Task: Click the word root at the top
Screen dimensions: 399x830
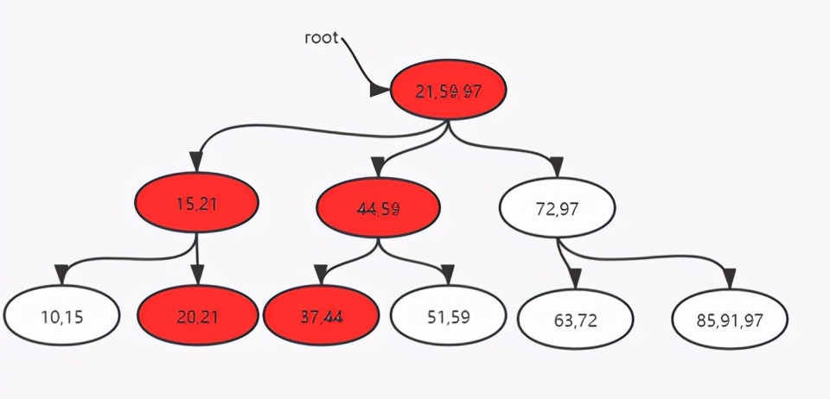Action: pos(322,38)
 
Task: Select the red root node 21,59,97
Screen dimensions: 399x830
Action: pos(448,91)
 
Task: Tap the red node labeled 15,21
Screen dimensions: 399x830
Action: pos(196,205)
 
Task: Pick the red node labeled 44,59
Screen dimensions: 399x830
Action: pos(378,208)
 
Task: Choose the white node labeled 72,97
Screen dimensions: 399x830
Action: pos(557,208)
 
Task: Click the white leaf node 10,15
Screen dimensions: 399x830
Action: pos(61,315)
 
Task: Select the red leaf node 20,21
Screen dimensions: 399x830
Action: pos(197,316)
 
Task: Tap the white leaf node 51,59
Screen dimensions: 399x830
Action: pos(448,316)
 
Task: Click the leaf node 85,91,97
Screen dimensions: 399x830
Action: pos(730,319)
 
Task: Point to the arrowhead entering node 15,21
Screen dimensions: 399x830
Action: pos(196,161)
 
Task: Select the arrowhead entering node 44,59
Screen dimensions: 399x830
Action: pos(378,166)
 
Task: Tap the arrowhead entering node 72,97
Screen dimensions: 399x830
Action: pos(557,165)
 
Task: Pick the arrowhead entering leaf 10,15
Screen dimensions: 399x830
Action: pos(61,274)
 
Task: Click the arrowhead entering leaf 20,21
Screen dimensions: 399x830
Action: pos(197,275)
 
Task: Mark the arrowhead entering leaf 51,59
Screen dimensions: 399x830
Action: pos(448,275)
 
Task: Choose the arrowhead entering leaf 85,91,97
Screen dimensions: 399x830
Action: pos(730,277)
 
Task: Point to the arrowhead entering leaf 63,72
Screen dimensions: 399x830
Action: pos(574,278)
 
